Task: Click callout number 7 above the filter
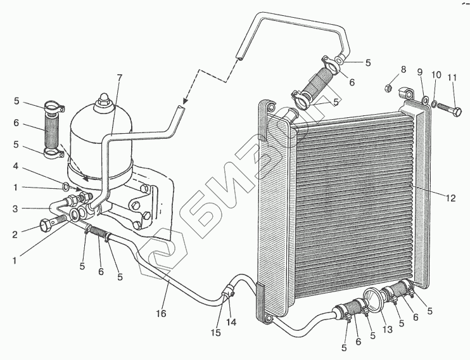(x=120, y=79)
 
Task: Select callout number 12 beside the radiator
(x=448, y=198)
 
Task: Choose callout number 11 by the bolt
(x=452, y=78)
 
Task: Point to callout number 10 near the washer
(x=435, y=75)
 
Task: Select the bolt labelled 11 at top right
(x=446, y=108)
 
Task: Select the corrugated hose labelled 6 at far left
(x=52, y=130)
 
